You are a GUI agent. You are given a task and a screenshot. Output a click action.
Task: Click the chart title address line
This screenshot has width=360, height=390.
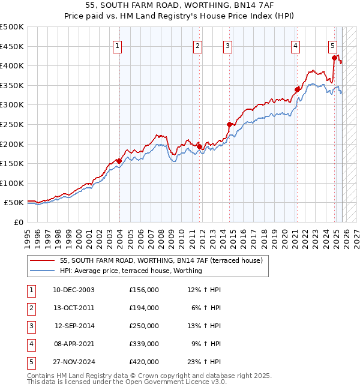180,5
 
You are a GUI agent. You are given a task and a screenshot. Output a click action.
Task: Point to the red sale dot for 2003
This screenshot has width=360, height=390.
119,161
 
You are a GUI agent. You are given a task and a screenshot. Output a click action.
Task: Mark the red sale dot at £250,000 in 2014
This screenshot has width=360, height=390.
229,124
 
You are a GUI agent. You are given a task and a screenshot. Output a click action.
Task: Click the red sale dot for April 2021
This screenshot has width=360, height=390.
297,89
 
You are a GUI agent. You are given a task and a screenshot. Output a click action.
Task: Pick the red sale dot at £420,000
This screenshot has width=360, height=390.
334,58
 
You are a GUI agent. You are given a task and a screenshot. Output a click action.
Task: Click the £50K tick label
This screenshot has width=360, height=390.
14,203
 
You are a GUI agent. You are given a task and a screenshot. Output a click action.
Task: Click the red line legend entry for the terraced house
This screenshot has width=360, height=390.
161,261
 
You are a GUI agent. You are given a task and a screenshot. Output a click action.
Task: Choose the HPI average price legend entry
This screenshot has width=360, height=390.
131,271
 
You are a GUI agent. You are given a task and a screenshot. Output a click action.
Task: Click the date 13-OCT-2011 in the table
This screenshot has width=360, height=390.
74,308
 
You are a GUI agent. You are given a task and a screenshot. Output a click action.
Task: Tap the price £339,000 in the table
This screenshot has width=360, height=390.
143,344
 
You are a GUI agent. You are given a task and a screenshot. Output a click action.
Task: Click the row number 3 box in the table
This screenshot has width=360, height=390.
30,326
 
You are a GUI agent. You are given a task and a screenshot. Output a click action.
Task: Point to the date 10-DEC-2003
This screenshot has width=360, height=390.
74,290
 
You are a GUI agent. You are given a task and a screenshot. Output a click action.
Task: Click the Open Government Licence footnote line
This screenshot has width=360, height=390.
127,382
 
